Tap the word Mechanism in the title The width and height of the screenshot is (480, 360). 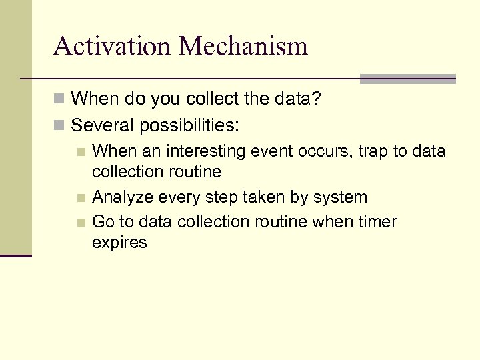click(x=243, y=46)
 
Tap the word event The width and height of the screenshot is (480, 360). click(x=278, y=151)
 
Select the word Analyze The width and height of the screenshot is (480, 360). click(x=121, y=197)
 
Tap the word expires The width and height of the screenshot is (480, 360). click(x=119, y=243)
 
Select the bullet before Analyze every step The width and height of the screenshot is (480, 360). click(x=81, y=198)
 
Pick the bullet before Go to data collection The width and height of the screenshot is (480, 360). click(x=81, y=222)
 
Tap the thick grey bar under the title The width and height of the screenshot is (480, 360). click(x=407, y=79)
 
